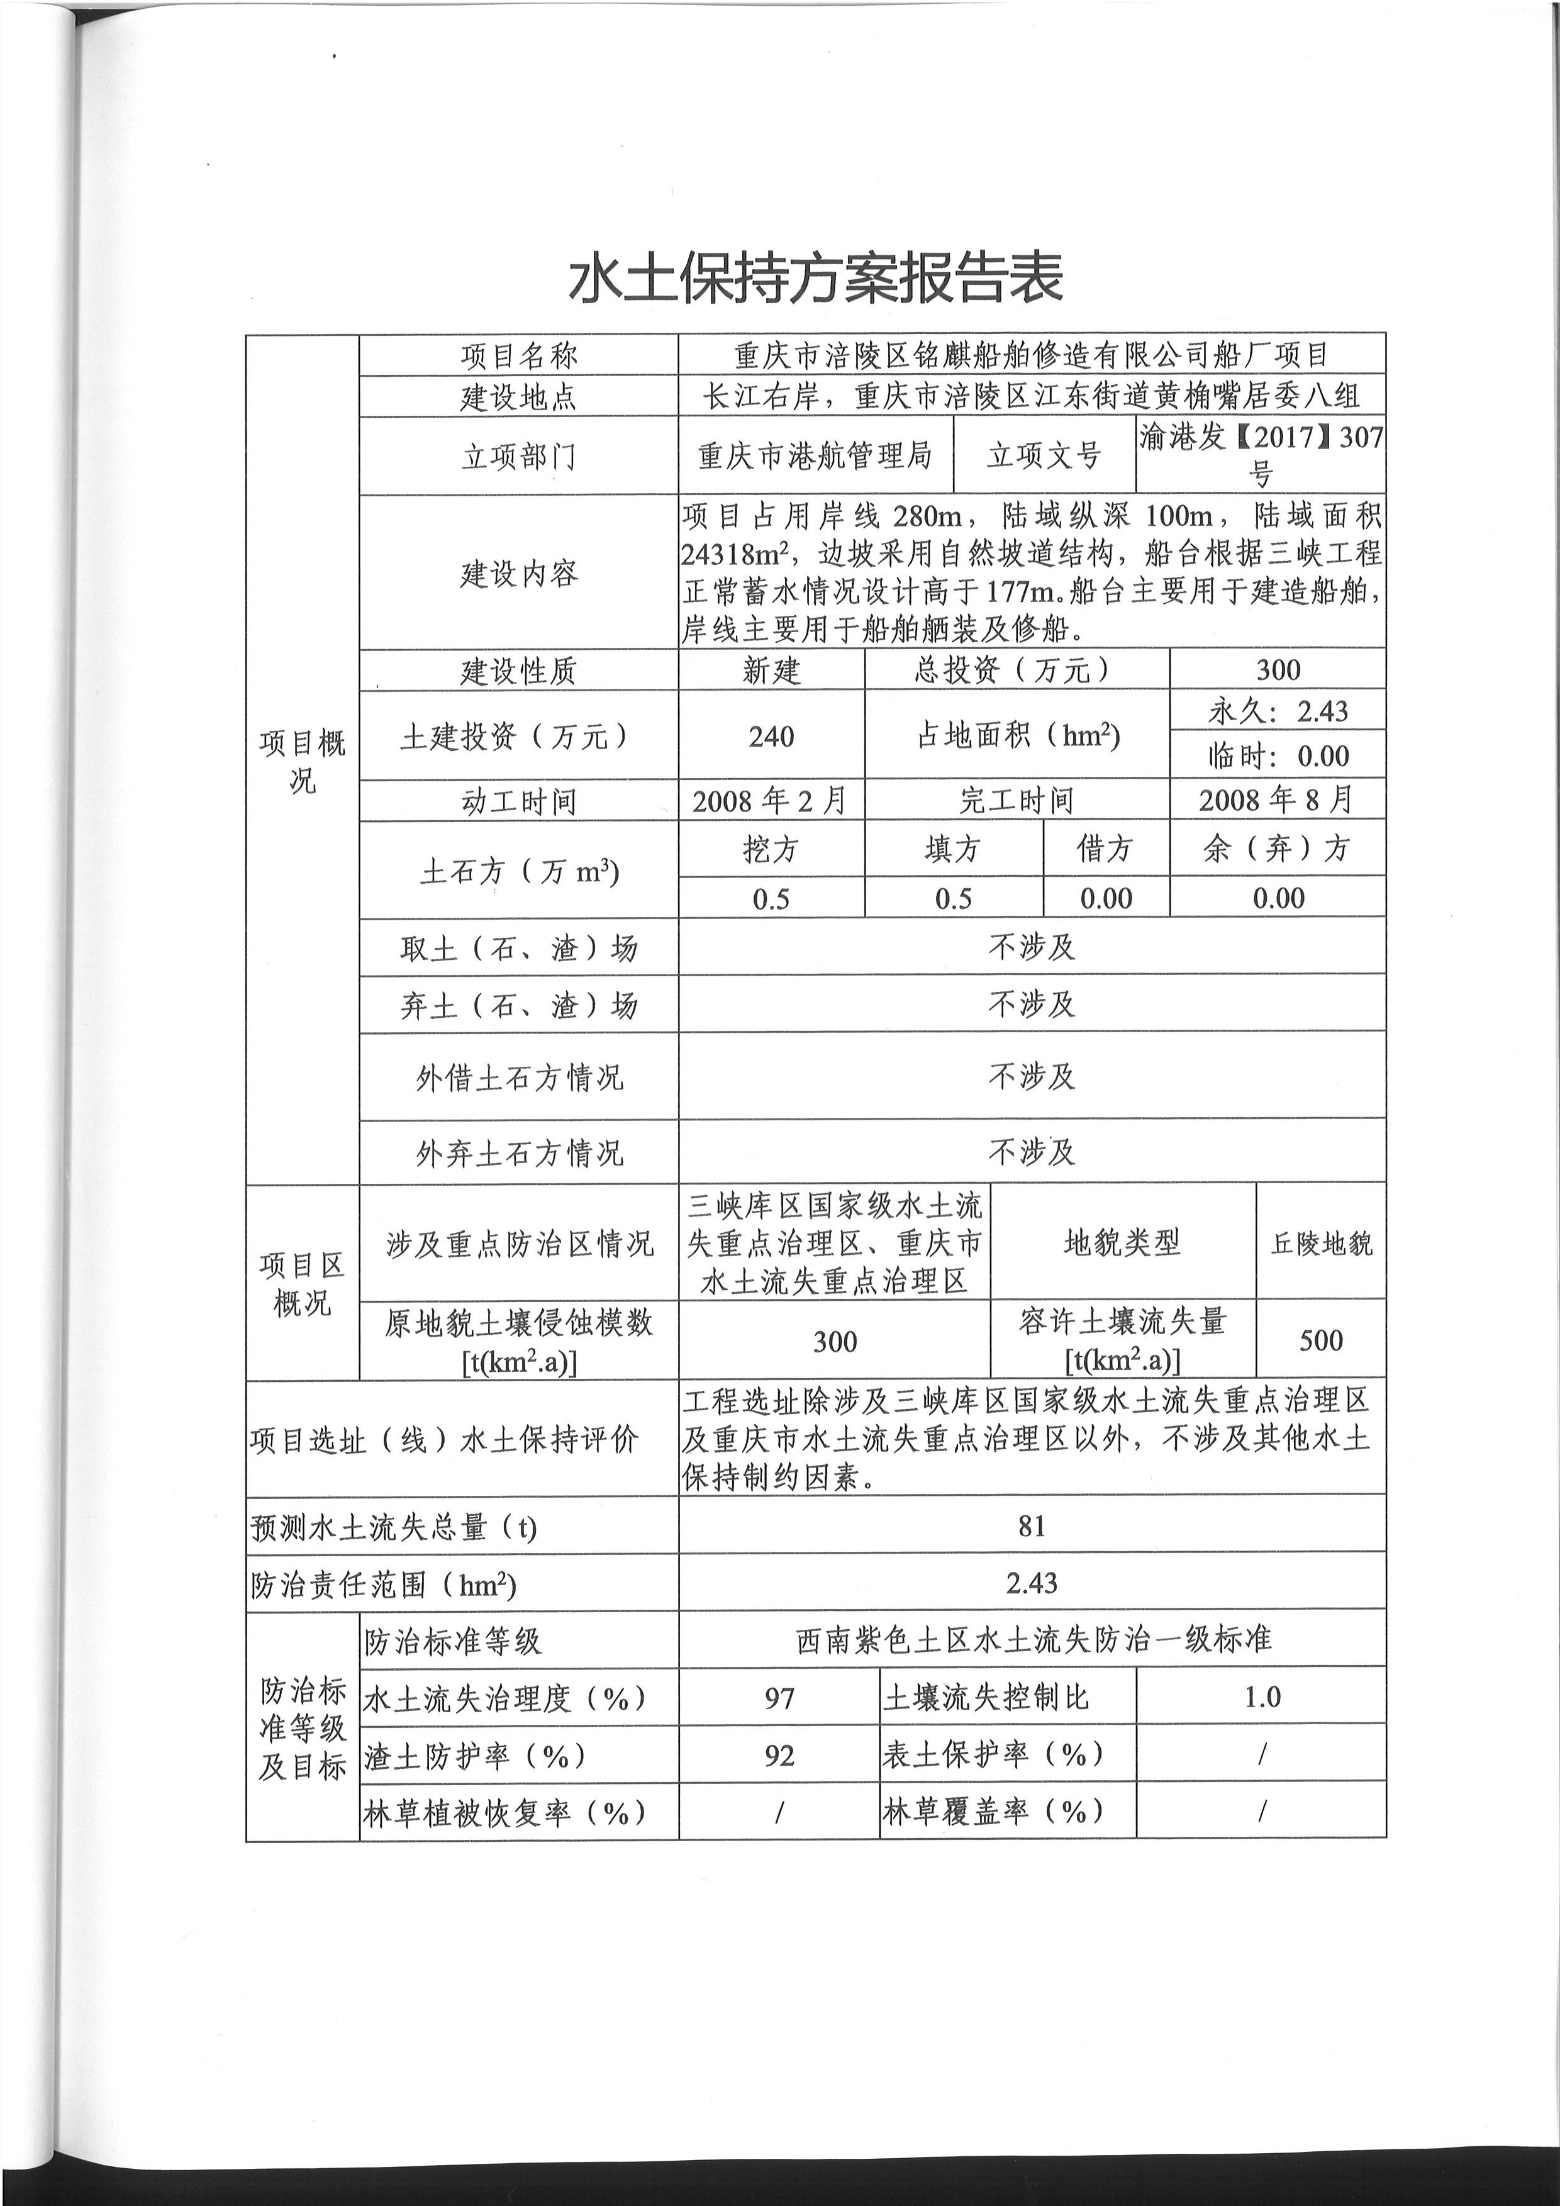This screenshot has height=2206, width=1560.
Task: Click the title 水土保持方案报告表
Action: coord(816,279)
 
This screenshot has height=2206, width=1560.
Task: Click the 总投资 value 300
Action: coord(1278,670)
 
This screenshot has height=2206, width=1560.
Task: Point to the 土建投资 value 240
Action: coord(771,737)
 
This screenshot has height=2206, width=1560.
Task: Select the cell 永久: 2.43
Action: coord(1278,711)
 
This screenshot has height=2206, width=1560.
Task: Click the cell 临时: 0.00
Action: coord(1278,756)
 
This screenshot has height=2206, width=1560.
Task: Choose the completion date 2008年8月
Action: coord(1277,799)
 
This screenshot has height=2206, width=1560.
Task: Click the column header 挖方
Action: coord(771,849)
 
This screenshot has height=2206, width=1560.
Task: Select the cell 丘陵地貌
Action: coord(1321,1244)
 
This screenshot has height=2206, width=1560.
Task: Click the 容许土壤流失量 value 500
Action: coord(1321,1341)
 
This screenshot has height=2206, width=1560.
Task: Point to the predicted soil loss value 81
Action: coord(1032,1526)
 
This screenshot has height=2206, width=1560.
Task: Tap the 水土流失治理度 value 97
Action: coord(779,1699)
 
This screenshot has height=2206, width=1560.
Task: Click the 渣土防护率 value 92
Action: coord(779,1756)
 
